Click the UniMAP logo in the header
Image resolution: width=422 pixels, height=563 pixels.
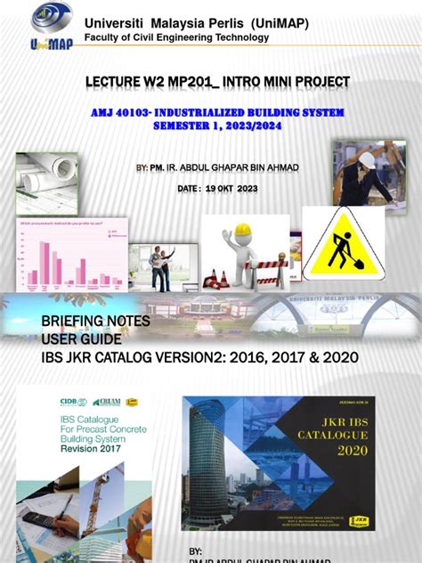click(52, 27)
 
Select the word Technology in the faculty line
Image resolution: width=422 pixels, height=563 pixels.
click(238, 38)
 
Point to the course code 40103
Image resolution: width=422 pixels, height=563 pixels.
click(164, 113)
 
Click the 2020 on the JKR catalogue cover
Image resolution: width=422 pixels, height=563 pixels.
click(328, 450)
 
